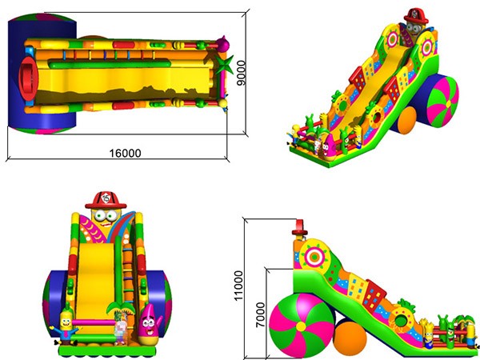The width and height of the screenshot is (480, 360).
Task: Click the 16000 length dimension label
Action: point(126,153)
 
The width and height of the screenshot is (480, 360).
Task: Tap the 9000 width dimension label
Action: point(242,73)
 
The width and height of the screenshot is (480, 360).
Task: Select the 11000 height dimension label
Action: point(238,286)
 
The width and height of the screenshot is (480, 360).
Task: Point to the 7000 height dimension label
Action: point(260,315)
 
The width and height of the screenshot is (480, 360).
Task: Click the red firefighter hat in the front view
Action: point(106,200)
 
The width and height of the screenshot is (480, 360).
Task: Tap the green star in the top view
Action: point(223,64)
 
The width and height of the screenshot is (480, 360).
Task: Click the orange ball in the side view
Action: point(350,338)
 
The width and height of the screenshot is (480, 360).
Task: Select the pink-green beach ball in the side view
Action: point(302,325)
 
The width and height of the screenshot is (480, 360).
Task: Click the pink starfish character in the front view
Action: point(150,324)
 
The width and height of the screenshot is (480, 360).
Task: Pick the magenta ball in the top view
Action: point(223,44)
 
